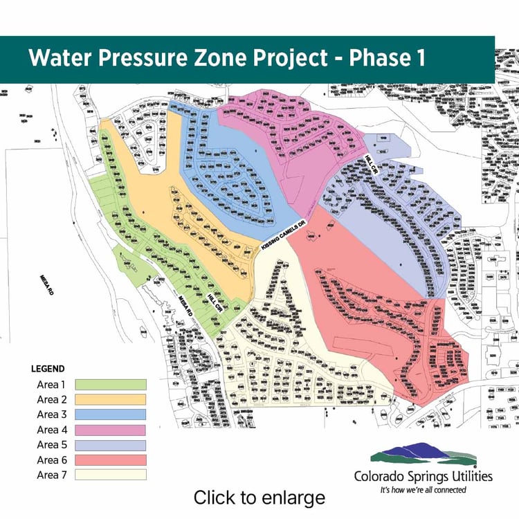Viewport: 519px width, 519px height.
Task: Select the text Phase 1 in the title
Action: click(x=388, y=59)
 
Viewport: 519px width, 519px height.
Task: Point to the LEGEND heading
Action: click(x=48, y=369)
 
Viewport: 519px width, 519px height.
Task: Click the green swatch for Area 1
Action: click(x=111, y=384)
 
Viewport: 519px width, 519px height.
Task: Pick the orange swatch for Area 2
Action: click(x=111, y=399)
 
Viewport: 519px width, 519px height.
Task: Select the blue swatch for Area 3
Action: click(x=111, y=415)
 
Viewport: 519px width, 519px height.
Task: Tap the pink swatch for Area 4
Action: click(x=111, y=430)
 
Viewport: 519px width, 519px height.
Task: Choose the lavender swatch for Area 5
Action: click(x=111, y=445)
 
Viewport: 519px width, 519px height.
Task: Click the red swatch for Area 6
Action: click(x=111, y=459)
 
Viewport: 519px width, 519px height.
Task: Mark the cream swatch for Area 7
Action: click(x=111, y=475)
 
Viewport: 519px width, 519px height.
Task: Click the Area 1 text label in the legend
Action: click(x=51, y=384)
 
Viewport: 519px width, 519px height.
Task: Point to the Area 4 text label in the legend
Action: click(x=51, y=430)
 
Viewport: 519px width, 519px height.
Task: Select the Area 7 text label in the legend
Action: click(x=51, y=475)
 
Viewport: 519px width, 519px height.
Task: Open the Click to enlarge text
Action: click(x=259, y=497)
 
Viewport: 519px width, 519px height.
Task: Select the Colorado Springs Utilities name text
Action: click(x=424, y=476)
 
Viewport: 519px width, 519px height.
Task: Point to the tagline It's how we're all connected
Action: click(x=424, y=489)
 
